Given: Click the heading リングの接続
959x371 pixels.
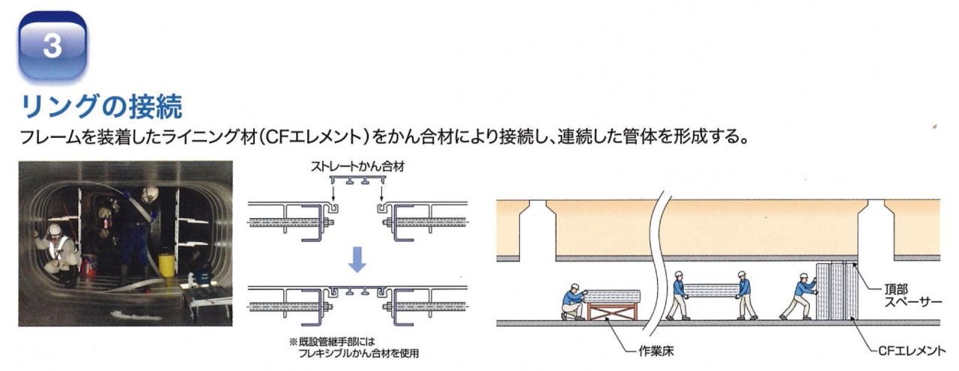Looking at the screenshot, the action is [x=102, y=106].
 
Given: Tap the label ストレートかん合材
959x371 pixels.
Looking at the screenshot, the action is [x=357, y=166].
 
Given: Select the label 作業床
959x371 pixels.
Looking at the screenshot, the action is [x=656, y=352].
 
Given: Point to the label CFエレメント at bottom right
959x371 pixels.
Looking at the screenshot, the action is [x=912, y=352].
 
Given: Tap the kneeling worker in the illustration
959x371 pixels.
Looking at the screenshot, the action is [x=573, y=301].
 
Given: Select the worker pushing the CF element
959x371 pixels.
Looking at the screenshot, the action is [x=799, y=296].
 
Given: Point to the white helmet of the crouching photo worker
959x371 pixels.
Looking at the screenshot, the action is [x=54, y=230].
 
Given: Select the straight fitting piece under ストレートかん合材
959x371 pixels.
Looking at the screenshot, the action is [x=358, y=180].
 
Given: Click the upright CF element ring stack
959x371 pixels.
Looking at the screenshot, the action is [x=837, y=291].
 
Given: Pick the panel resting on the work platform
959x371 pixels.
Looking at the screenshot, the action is [x=612, y=296].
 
